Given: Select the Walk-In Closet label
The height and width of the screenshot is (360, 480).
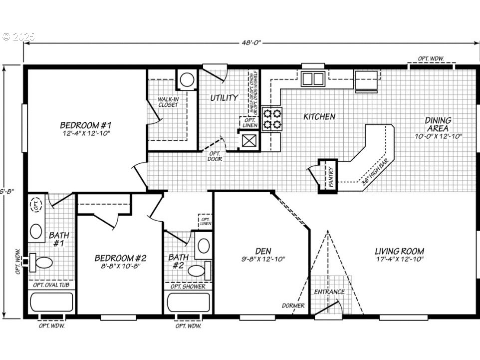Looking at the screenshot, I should [168, 102].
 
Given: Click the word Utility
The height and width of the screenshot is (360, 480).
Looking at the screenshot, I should [224, 98].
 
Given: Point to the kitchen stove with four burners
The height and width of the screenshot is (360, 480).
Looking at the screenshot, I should [272, 119].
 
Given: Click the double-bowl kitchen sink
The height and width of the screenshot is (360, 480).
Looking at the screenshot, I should [313, 78].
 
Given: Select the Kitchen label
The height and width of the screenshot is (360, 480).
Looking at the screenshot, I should [319, 116].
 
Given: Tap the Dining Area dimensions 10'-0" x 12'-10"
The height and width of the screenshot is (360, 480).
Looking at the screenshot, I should [438, 136].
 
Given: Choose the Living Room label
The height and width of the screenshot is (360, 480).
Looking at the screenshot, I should [399, 251].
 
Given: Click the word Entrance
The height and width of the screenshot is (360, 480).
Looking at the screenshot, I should [329, 292].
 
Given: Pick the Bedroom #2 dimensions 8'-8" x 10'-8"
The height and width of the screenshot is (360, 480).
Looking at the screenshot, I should [120, 267].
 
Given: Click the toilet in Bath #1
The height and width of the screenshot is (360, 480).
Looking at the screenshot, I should [41, 262].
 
